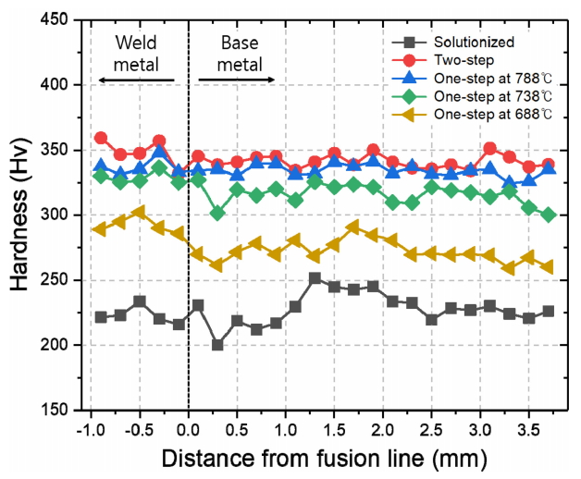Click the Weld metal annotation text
(x=136, y=53)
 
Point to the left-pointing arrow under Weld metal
(x=136, y=81)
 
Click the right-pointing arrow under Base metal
(x=237, y=81)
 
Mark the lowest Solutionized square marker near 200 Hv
(x=217, y=345)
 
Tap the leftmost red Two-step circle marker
(x=101, y=138)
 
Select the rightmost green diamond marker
(x=549, y=215)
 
